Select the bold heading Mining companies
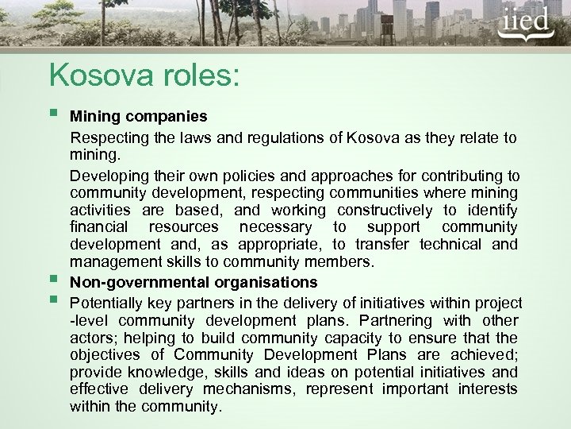139,116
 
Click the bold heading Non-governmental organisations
194,281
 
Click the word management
110,263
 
